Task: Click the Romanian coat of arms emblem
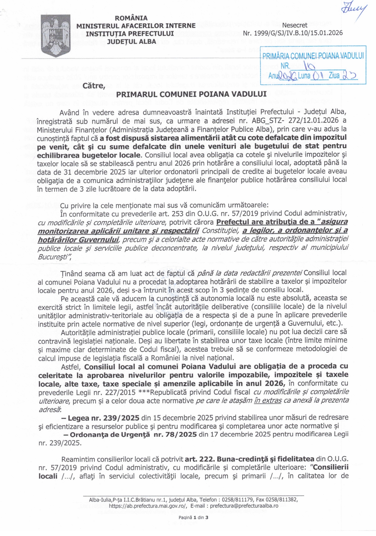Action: tap(56, 36)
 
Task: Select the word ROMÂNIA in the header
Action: tap(131, 18)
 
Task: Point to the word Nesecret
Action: tap(295, 25)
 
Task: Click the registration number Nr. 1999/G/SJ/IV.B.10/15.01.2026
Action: tap(293, 33)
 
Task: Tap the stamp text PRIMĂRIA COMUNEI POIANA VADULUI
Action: tap(313, 56)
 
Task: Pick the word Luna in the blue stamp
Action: tap(304, 76)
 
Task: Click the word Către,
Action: tap(94, 85)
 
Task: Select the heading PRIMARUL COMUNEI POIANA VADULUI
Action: tap(191, 94)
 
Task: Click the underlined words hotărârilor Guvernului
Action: tap(78, 240)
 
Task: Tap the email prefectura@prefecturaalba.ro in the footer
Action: tap(244, 506)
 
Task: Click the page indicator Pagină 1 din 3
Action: tap(193, 517)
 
